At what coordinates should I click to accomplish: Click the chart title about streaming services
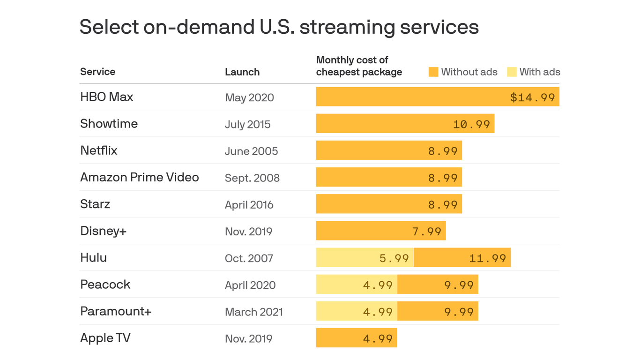(x=279, y=27)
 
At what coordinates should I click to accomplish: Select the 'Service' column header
(x=97, y=72)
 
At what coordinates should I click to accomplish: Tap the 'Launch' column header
(x=242, y=72)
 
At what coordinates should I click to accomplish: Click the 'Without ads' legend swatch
(x=433, y=72)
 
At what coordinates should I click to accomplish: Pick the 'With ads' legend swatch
(x=512, y=72)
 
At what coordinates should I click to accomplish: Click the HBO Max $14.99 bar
(x=437, y=97)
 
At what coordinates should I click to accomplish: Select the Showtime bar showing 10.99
(x=405, y=124)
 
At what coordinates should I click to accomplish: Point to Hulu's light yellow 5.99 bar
(x=365, y=258)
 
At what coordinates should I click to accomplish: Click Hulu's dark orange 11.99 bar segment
(x=462, y=258)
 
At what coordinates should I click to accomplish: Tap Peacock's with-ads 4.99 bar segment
(x=357, y=285)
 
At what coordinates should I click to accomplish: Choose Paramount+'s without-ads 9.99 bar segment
(x=438, y=311)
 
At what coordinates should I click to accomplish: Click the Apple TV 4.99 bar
(x=357, y=338)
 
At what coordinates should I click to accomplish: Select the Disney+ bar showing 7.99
(x=380, y=231)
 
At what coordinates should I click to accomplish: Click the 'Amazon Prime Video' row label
(x=140, y=177)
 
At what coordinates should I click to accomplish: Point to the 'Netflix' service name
(x=99, y=150)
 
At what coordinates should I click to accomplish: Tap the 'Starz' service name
(x=95, y=204)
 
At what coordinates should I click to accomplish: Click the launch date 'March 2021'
(x=253, y=312)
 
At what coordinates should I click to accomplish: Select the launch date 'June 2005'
(x=251, y=151)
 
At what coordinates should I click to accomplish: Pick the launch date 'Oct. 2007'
(x=249, y=258)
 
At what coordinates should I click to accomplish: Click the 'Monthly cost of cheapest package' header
(x=359, y=66)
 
